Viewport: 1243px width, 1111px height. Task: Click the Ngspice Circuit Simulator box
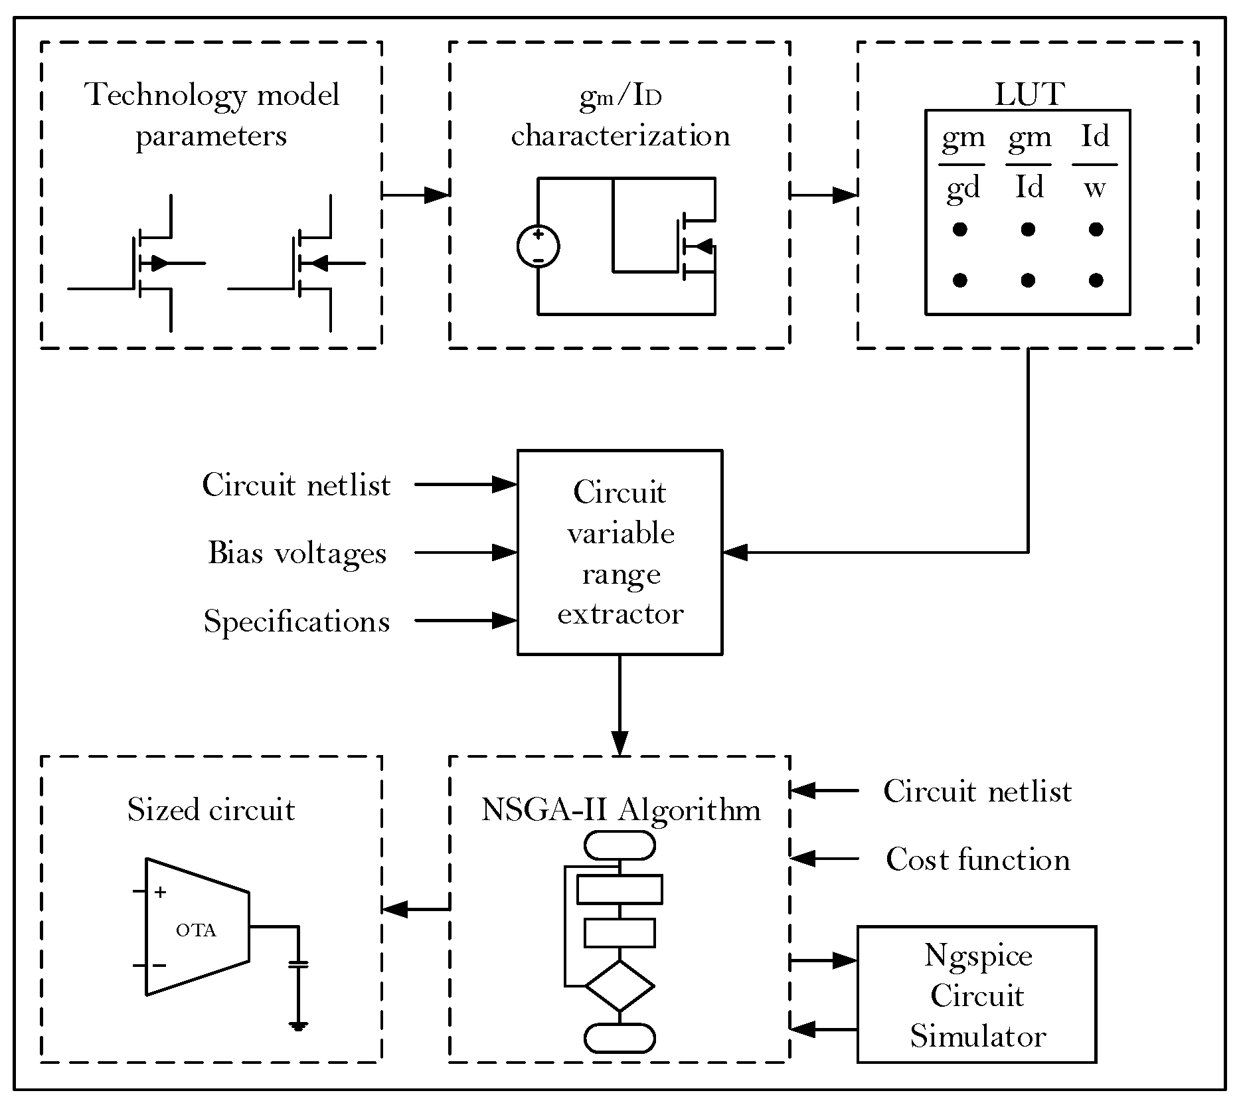976,994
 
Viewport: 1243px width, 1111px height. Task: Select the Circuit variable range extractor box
620,552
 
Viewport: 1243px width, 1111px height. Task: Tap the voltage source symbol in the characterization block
538,246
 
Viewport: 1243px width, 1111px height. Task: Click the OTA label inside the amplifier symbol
196,930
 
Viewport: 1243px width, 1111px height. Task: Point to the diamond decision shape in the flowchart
620,986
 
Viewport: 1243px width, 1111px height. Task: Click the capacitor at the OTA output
299,964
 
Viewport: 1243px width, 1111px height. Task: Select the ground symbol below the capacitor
299,1027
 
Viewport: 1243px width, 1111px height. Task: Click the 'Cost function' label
977,860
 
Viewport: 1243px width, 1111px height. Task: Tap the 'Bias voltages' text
297,553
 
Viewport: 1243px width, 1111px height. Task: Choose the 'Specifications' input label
296,622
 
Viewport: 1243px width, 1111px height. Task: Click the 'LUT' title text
1029,94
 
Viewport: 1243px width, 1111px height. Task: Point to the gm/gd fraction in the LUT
962,163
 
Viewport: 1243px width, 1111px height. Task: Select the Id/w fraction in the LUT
1095,163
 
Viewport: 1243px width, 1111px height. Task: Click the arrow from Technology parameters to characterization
416,195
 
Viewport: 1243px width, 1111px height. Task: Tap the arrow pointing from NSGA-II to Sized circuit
416,909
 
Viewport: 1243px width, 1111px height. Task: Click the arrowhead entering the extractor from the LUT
734,552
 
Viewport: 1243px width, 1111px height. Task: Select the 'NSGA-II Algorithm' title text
620,810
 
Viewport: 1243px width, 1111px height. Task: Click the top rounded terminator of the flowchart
620,845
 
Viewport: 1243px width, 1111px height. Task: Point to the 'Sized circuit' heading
210,810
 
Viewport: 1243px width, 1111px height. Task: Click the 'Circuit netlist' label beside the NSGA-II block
977,792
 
